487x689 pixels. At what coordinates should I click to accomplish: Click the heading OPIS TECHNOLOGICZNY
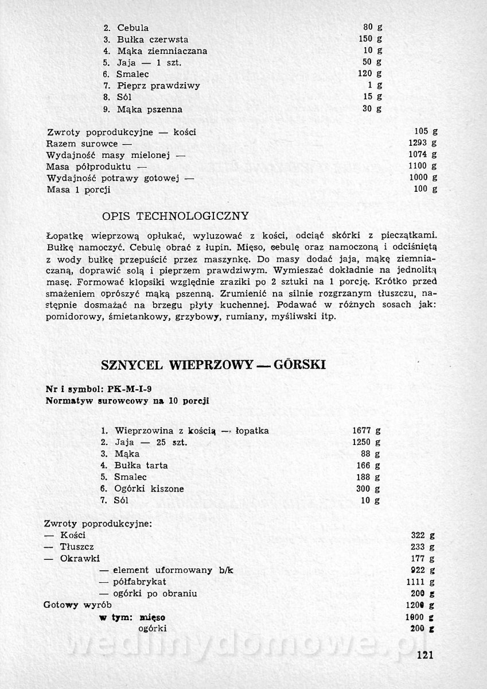point(175,216)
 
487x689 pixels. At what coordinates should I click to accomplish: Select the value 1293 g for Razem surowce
point(424,143)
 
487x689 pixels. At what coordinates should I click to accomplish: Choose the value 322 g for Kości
point(424,535)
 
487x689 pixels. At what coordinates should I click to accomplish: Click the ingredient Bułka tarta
point(141,465)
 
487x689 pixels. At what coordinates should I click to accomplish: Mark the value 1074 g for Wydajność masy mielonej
point(424,155)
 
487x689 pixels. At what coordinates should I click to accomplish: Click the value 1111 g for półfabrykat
point(424,582)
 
